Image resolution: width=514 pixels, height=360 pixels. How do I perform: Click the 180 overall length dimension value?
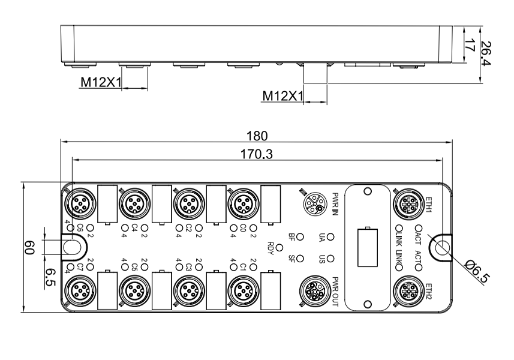click(x=258, y=136)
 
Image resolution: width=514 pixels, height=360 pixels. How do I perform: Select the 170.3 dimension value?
click(x=258, y=155)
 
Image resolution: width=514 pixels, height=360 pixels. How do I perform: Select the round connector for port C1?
click(x=242, y=292)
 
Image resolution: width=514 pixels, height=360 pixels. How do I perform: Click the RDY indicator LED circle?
click(x=279, y=247)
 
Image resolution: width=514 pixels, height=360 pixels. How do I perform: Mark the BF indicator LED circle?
click(x=300, y=236)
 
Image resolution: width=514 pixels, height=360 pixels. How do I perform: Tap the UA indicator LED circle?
click(x=330, y=236)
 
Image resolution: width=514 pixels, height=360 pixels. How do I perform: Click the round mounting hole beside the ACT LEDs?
click(x=442, y=247)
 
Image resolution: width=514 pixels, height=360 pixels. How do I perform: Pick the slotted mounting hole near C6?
click(x=71, y=247)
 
